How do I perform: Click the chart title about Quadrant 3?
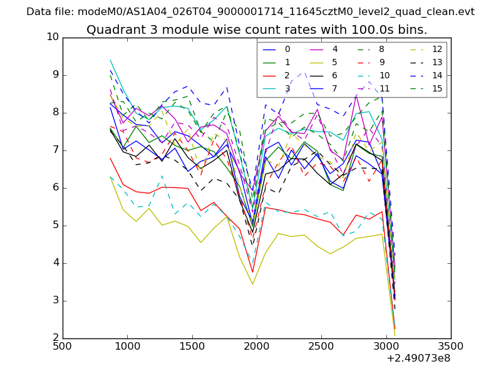(257, 29)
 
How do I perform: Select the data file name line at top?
(250, 12)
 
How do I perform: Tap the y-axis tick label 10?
(53, 37)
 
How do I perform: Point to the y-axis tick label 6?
(56, 187)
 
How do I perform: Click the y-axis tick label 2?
(56, 338)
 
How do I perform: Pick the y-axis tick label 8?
(56, 112)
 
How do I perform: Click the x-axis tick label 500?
(63, 347)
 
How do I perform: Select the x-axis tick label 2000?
(257, 347)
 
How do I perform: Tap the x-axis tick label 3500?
(451, 347)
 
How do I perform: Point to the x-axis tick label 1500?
(192, 347)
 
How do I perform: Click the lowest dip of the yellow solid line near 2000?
(252, 285)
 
